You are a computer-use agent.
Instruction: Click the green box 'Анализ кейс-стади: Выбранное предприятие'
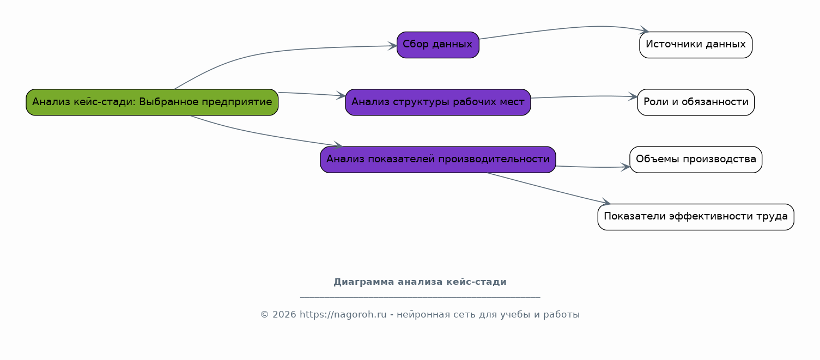click(152, 102)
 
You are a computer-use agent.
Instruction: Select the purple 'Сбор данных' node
click(438, 45)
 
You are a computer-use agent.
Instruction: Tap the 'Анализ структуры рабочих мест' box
click(438, 102)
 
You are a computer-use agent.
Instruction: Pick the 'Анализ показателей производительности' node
click(438, 160)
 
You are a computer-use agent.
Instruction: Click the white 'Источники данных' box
click(696, 45)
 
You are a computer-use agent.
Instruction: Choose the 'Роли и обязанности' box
click(696, 102)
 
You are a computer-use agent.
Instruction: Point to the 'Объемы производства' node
click(696, 160)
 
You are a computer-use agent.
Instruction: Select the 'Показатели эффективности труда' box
click(696, 217)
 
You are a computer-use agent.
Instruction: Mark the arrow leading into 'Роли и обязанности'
click(584, 96)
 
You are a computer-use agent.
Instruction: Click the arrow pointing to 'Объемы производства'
click(593, 167)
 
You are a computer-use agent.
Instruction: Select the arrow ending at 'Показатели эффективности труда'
click(549, 188)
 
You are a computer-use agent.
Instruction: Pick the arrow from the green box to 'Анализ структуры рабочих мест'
click(312, 94)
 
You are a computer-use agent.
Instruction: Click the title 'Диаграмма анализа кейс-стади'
click(420, 282)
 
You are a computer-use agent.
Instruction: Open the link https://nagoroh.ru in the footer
click(343, 315)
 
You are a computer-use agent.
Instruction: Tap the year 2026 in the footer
click(284, 315)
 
